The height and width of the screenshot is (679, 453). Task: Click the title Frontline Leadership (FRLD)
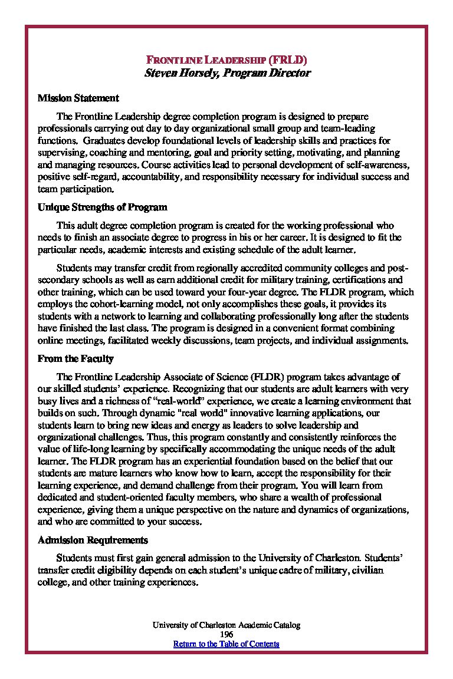[226, 60]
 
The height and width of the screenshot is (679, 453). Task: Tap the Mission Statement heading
[78, 98]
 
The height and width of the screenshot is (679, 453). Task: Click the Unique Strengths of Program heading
[102, 207]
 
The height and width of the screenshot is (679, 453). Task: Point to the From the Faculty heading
[75, 358]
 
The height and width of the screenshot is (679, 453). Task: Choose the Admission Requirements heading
[93, 540]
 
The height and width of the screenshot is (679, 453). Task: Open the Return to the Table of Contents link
[226, 644]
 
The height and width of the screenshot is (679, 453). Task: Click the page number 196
[226, 634]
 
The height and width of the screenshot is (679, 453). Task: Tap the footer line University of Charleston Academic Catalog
[226, 625]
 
